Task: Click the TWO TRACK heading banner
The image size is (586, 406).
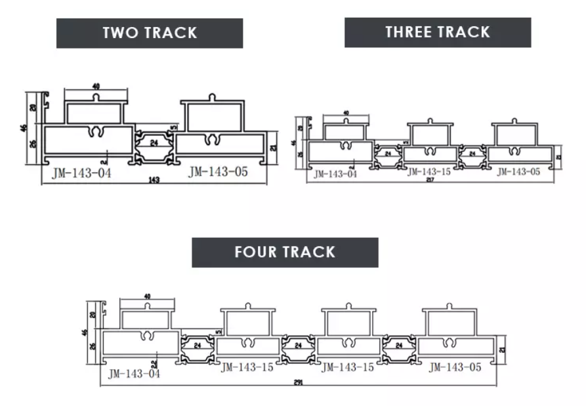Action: [150, 33]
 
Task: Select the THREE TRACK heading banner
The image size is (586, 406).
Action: [437, 32]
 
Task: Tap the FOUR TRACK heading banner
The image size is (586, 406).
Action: [285, 252]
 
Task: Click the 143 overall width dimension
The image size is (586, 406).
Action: [156, 180]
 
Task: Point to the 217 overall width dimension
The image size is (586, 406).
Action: [430, 179]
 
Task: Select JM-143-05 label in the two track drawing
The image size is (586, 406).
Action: [219, 172]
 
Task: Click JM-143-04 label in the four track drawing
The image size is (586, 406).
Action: [134, 374]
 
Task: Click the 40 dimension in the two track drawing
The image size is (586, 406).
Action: [96, 86]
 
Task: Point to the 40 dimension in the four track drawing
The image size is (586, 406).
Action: [146, 296]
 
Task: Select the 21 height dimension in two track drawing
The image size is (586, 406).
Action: [273, 147]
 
